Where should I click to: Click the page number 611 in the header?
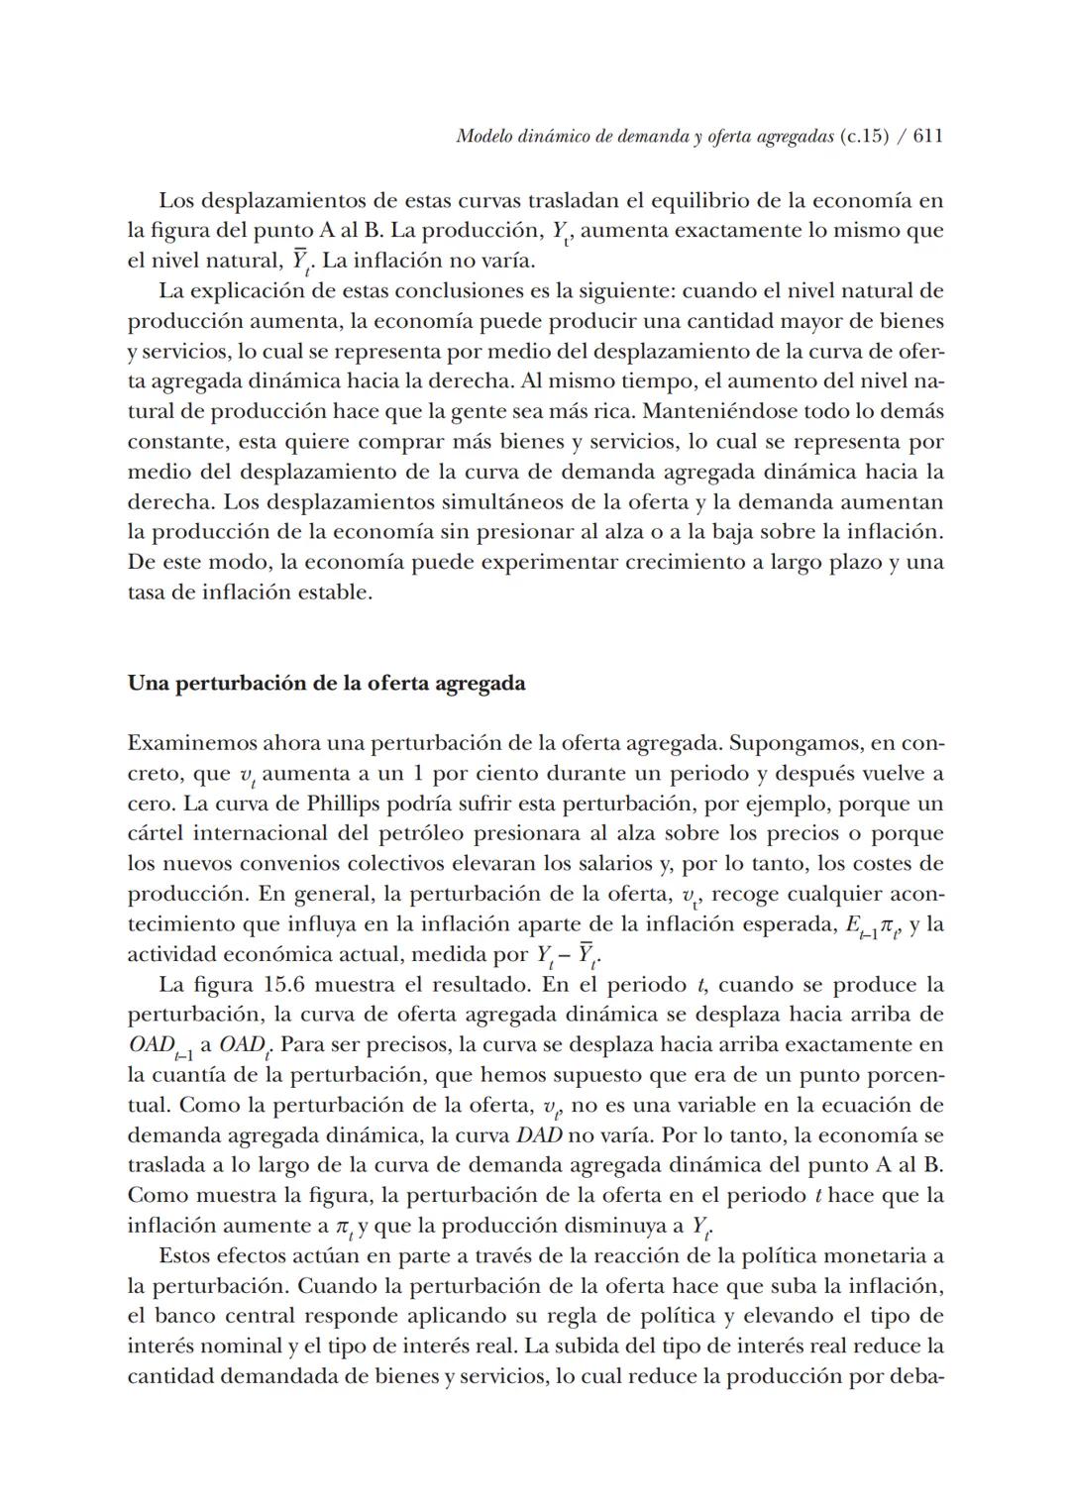pos(927,137)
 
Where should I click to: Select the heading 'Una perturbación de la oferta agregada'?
pos(326,684)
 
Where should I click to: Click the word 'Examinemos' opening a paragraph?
pos(191,743)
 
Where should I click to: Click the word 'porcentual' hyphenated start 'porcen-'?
pos(905,1075)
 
